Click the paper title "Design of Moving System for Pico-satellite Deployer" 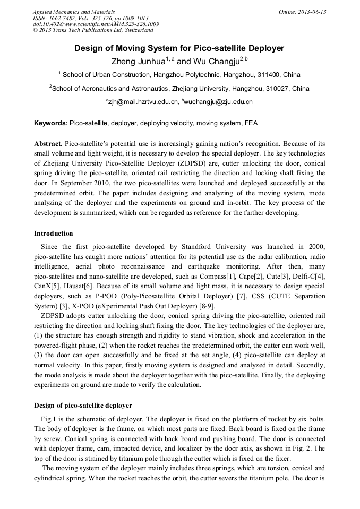click(179, 48)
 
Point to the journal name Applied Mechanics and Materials click(73, 12)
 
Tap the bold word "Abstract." click(48, 144)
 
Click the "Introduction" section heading click(54, 234)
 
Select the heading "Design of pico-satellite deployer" click(83, 406)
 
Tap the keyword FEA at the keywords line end click(251, 123)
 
